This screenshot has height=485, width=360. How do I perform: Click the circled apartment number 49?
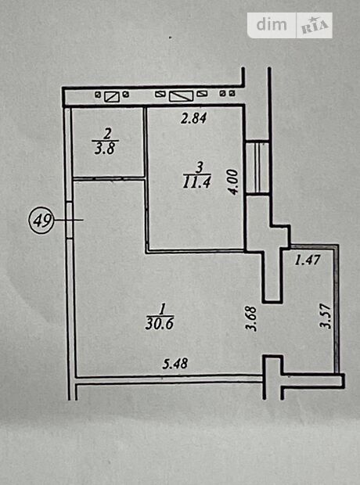pyautogui.click(x=41, y=221)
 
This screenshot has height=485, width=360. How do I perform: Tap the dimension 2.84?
pyautogui.click(x=194, y=118)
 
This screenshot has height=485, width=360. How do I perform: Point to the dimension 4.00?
pyautogui.click(x=235, y=181)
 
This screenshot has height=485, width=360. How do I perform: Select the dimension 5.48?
pyautogui.click(x=175, y=364)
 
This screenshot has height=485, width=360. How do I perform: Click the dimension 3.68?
pyautogui.click(x=251, y=319)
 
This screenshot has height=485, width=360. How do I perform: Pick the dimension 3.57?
pyautogui.click(x=326, y=316)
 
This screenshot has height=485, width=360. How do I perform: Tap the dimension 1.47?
pyautogui.click(x=307, y=260)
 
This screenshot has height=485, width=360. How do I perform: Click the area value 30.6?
pyautogui.click(x=160, y=324)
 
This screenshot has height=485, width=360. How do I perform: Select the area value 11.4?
pyautogui.click(x=197, y=182)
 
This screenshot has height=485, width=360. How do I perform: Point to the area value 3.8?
pyautogui.click(x=105, y=148)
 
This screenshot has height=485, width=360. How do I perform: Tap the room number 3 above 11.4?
pyautogui.click(x=200, y=168)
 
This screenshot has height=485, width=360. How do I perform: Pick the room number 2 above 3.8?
pyautogui.click(x=107, y=134)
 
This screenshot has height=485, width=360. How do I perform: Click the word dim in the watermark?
pyautogui.click(x=272, y=25)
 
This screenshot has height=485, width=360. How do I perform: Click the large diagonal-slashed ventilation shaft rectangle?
pyautogui.click(x=182, y=96)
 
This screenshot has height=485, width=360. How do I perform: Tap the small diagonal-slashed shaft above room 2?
pyautogui.click(x=112, y=96)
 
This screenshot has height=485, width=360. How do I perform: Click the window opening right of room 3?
pyautogui.click(x=257, y=168)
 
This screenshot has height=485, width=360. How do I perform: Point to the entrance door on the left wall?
pyautogui.click(x=70, y=221)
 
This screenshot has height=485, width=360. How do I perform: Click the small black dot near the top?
pyautogui.click(x=170, y=38)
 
